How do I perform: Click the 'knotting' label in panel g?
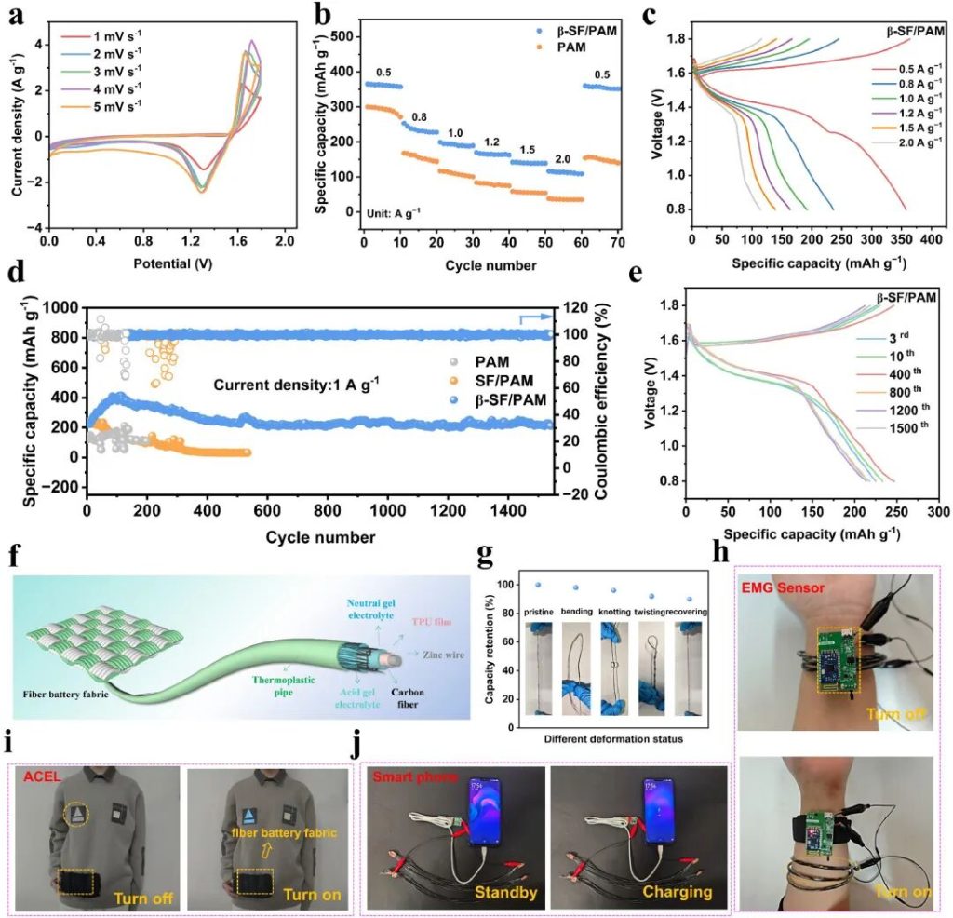[x=612, y=612]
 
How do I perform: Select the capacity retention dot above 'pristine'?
[x=538, y=585]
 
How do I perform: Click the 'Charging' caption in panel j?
[x=678, y=892]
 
